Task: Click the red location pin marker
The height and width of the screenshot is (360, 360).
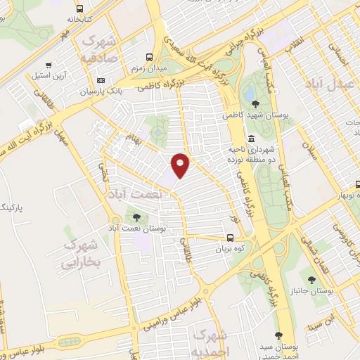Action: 180,166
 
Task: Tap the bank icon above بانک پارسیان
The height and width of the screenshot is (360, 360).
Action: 101,80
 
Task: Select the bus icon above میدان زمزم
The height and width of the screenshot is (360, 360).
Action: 148,58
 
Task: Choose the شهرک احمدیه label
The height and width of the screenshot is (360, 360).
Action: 210,342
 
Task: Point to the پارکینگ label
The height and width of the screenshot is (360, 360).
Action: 13,208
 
